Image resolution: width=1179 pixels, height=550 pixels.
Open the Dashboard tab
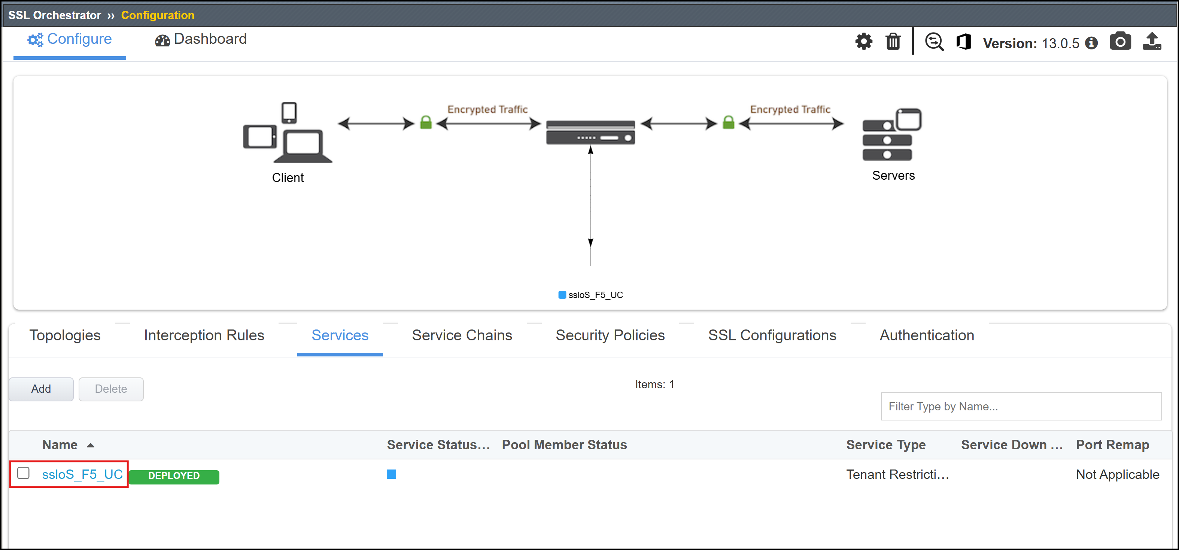coord(201,39)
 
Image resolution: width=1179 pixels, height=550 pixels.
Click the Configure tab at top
coord(70,39)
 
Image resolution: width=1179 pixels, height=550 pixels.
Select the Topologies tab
coord(65,335)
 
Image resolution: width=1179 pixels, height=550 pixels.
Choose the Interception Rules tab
coord(204,335)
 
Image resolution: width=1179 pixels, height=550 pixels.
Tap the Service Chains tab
coord(462,335)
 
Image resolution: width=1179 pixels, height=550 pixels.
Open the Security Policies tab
coord(610,335)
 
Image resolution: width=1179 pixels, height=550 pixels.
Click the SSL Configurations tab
coord(772,335)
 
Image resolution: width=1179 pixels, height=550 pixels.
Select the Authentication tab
coord(927,335)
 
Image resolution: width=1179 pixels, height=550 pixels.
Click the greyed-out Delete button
coord(111,389)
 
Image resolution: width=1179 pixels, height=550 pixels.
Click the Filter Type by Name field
coord(1021,406)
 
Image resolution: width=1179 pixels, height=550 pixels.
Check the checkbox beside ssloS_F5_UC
coord(23,473)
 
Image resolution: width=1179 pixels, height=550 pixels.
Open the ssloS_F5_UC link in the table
coord(82,474)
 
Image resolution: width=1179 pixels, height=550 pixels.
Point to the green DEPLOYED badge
coord(174,476)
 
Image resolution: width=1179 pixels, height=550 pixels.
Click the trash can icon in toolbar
coord(893,42)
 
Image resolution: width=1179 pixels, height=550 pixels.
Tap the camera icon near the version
coord(1120,41)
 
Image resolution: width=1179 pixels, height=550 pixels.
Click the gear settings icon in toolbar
coord(864,42)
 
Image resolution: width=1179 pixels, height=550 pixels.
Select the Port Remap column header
coord(1112,445)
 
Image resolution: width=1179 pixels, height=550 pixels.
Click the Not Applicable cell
coord(1117,474)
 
